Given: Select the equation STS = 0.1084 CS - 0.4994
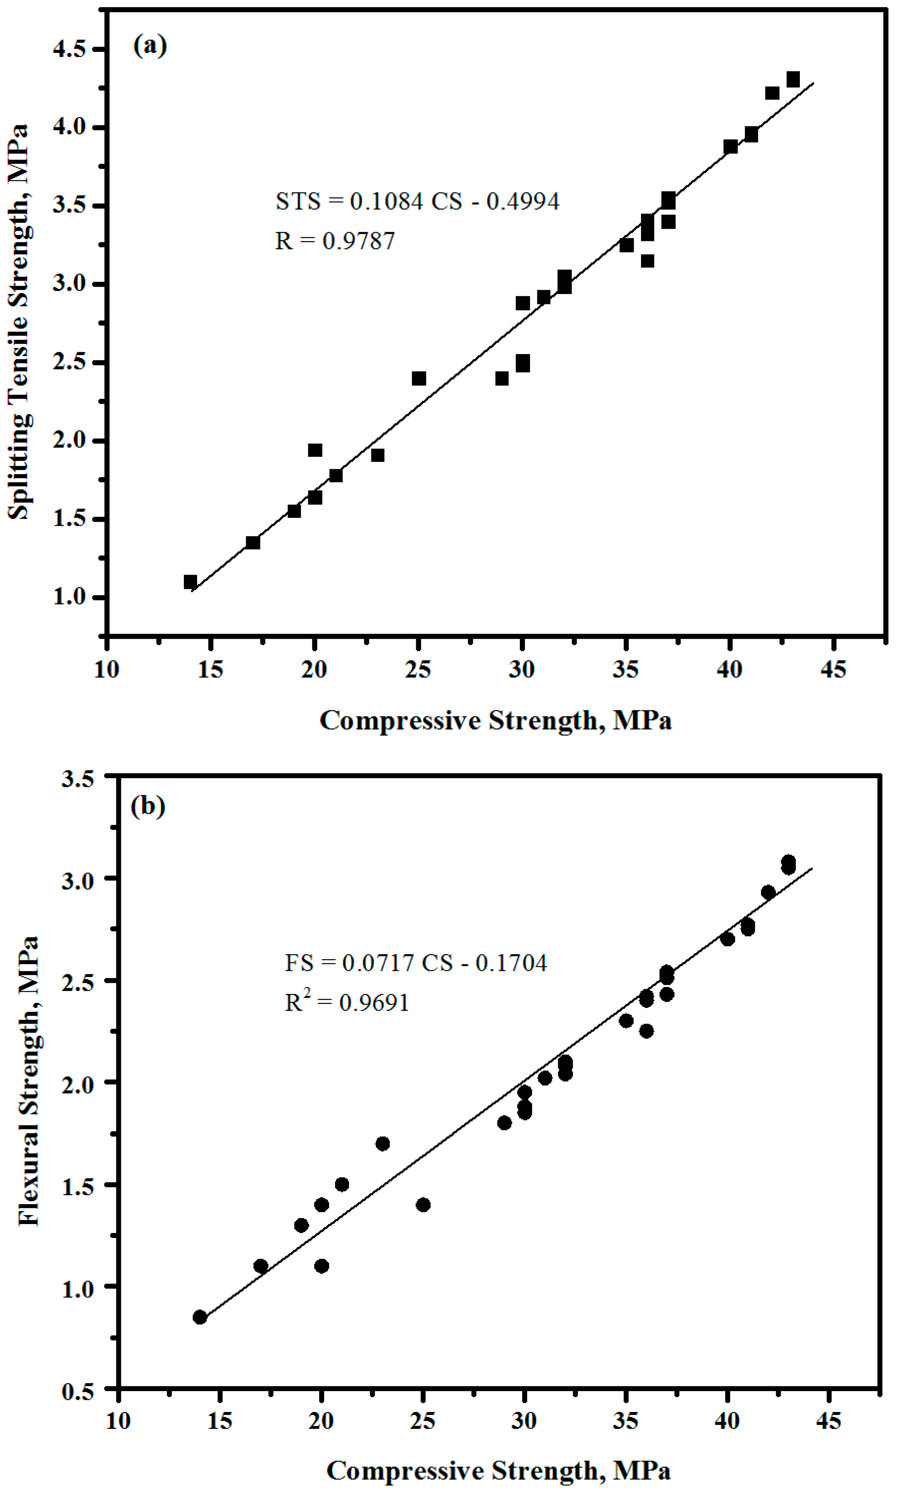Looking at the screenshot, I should pyautogui.click(x=417, y=201).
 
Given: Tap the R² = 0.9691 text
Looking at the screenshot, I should pyautogui.click(x=346, y=1002).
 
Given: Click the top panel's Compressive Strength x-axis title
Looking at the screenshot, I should pyautogui.click(x=495, y=720).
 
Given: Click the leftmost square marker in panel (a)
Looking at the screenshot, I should pyautogui.click(x=190, y=582).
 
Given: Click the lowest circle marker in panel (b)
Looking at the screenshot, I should pyautogui.click(x=200, y=1317).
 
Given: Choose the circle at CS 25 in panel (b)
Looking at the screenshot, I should pyautogui.click(x=423, y=1205).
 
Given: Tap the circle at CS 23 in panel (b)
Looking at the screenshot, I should pyautogui.click(x=383, y=1144).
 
